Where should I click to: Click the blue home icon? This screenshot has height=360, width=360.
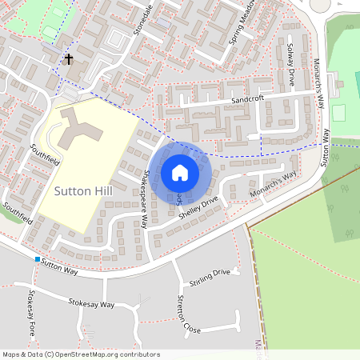click(180, 173)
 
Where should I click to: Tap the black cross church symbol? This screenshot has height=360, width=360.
click(69, 59)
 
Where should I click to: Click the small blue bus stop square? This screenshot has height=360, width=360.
click(37, 259)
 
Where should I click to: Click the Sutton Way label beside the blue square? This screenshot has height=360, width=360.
click(61, 265)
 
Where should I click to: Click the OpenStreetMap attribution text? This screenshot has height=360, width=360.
click(81, 354)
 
